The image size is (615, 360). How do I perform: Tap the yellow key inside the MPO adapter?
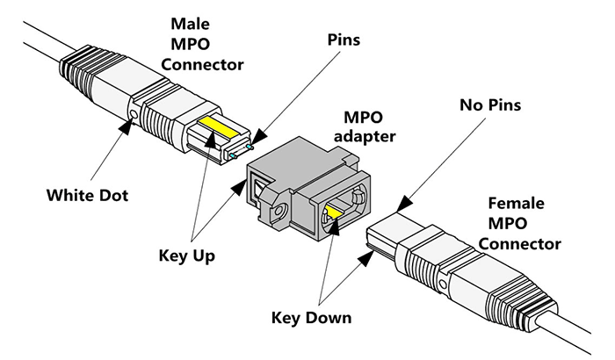point(336,210)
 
